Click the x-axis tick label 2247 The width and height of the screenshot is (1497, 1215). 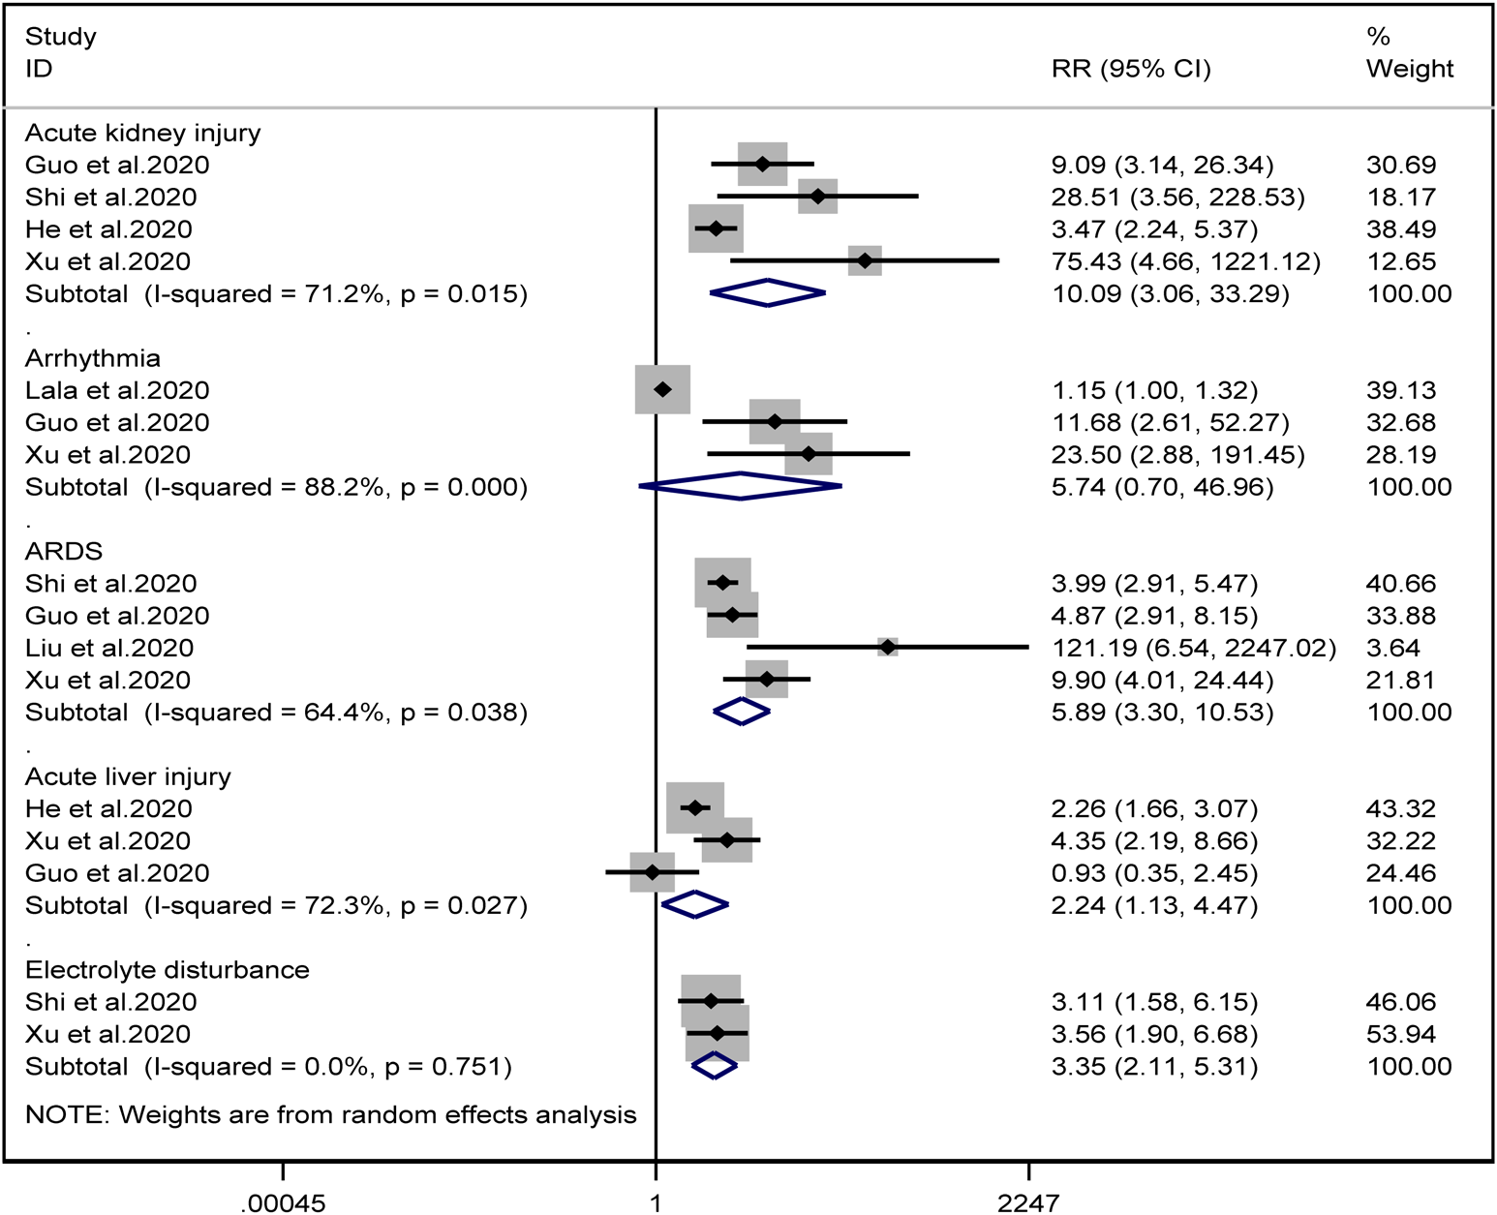click(1028, 1203)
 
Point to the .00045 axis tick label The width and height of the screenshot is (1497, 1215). click(283, 1203)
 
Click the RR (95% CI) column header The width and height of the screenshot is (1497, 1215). click(1131, 69)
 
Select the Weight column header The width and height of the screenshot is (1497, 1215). click(1409, 69)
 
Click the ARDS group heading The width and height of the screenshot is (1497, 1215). click(64, 551)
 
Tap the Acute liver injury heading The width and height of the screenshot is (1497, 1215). click(128, 776)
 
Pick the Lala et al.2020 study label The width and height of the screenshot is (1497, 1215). click(117, 390)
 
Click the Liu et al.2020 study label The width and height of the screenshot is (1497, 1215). click(109, 648)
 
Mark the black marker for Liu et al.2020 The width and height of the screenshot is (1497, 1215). click(888, 648)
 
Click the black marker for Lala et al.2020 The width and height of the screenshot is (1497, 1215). click(662, 389)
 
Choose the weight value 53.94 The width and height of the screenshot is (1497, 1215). click(1401, 1034)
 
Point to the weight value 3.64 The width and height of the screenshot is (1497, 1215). click(1393, 648)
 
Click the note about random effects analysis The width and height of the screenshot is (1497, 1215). click(331, 1115)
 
